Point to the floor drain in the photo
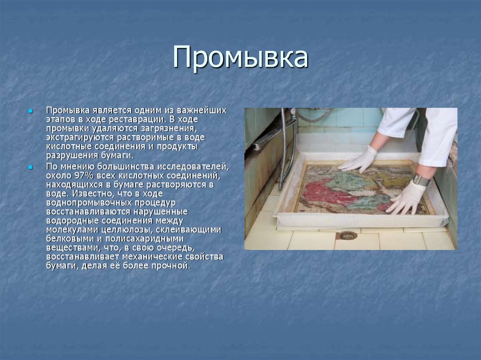pos(348,235)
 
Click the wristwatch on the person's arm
pos(421,180)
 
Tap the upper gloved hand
pos(359,160)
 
